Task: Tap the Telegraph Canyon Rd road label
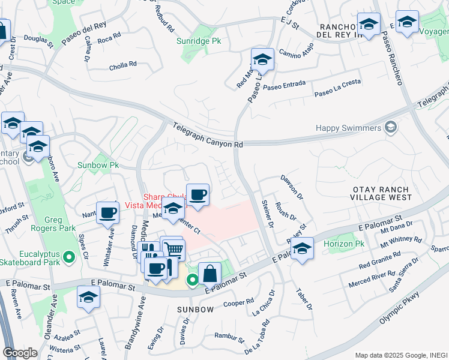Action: click(208, 136)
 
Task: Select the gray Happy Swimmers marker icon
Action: click(391, 127)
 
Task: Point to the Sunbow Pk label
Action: click(98, 164)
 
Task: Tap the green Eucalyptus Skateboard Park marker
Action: click(69, 257)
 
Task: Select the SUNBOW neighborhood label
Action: click(195, 309)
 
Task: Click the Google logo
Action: click(20, 353)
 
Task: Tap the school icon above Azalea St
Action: click(88, 297)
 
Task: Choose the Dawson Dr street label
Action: click(292, 187)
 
